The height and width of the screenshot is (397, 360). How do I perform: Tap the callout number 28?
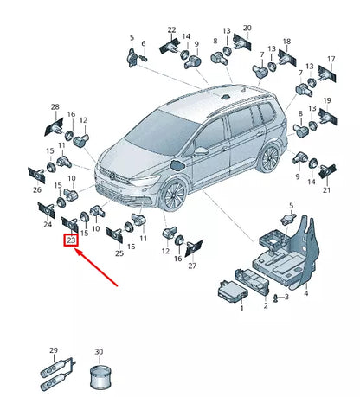coord(55,108)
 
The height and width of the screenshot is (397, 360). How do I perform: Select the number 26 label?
coord(36,189)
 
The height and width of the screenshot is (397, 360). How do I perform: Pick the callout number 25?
coord(119,253)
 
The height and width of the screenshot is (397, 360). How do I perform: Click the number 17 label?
coord(330,60)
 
